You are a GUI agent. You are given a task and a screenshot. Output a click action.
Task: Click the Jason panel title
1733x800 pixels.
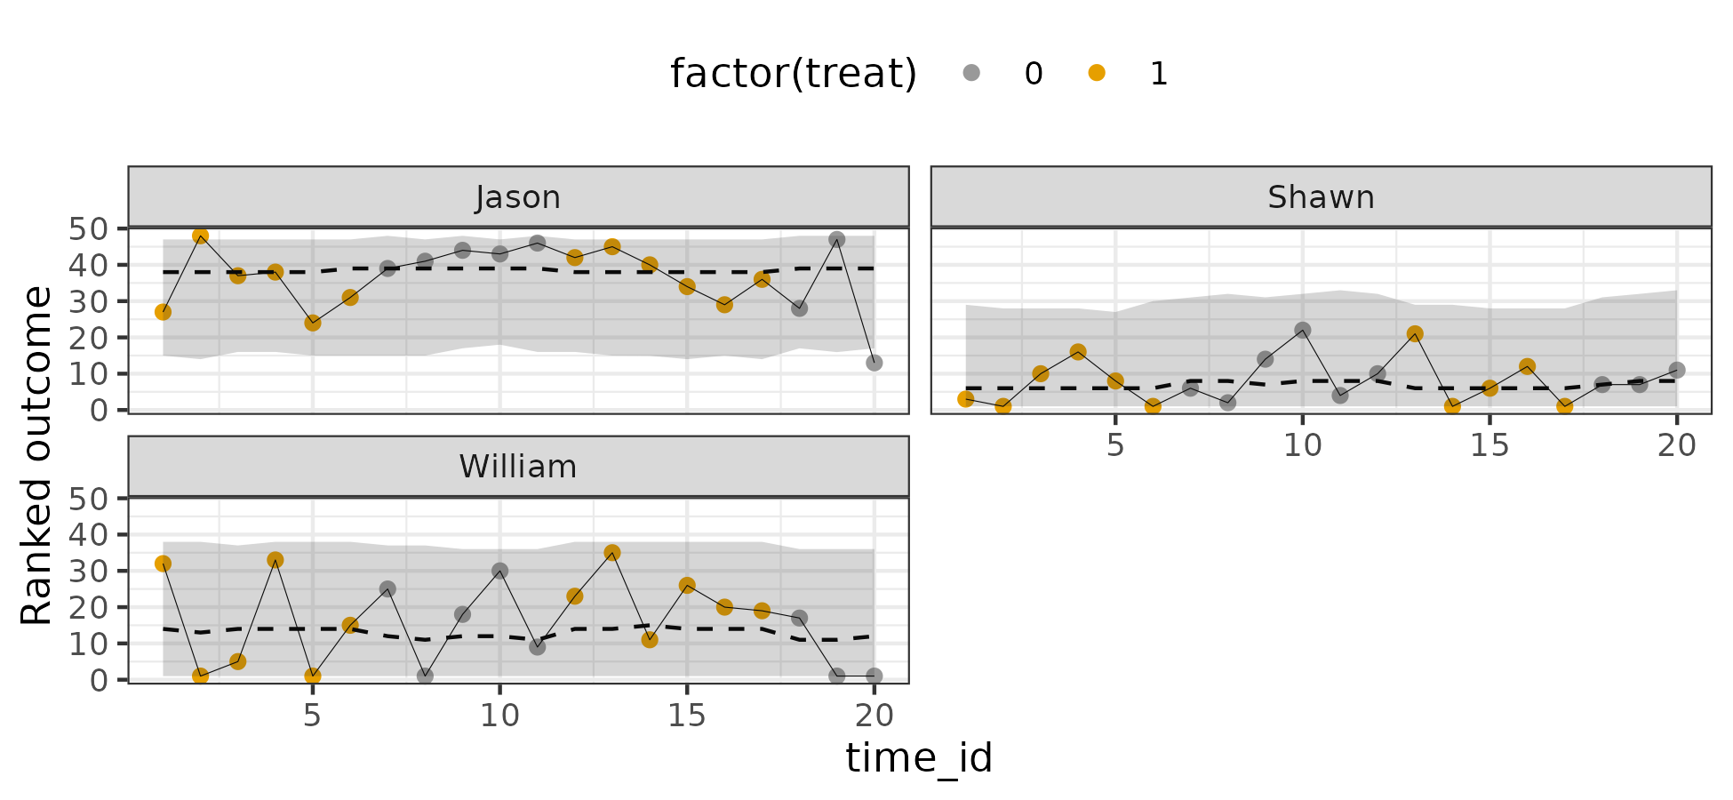point(518,197)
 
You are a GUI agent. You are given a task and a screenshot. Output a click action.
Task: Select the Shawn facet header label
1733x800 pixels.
point(1321,197)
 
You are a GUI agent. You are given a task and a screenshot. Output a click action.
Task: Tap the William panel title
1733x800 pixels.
point(518,467)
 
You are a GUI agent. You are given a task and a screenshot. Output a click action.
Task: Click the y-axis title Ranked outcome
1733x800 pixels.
point(36,456)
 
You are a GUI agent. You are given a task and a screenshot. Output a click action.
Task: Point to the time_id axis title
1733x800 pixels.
point(919,758)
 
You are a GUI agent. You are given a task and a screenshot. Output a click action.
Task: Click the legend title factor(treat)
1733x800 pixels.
point(794,73)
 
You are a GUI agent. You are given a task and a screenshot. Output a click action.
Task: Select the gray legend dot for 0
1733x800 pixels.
point(971,73)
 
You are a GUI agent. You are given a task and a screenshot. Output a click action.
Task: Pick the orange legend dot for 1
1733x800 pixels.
point(1097,73)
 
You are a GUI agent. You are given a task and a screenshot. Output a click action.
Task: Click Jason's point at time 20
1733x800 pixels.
point(874,363)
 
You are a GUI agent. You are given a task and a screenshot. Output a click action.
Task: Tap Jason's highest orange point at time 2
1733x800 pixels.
point(200,236)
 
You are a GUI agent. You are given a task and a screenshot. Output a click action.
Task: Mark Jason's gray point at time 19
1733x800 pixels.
point(836,239)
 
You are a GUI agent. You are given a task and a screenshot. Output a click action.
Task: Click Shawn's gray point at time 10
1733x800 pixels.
point(1303,330)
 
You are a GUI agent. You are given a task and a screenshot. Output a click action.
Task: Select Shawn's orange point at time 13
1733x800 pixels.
point(1415,334)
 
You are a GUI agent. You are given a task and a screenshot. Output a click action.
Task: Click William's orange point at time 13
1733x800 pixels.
point(611,553)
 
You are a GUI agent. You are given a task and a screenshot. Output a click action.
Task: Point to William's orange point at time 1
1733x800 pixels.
point(163,564)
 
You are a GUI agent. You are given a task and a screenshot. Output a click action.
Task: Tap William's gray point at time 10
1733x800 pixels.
point(499,571)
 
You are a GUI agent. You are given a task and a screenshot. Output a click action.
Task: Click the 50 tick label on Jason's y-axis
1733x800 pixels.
point(87,228)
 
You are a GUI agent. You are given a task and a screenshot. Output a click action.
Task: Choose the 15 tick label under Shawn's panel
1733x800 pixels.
point(1489,445)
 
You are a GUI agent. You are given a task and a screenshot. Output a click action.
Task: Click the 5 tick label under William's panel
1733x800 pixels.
point(312,715)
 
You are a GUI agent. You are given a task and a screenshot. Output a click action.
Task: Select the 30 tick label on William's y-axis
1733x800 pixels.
point(87,571)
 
